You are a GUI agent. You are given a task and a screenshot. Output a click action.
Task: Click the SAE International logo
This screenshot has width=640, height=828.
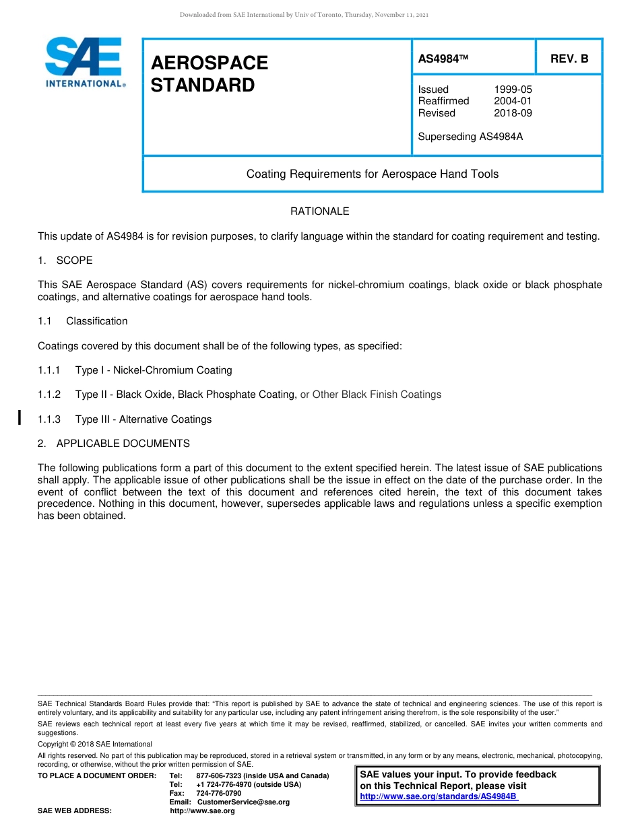(84, 62)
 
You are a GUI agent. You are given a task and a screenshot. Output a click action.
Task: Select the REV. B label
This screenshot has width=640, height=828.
(569, 59)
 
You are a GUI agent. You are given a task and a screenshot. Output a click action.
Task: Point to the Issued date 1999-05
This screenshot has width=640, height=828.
(513, 90)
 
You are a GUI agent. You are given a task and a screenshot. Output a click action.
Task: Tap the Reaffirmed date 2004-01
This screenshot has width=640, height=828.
(513, 101)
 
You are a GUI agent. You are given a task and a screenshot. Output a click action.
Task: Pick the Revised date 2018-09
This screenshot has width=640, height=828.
(513, 113)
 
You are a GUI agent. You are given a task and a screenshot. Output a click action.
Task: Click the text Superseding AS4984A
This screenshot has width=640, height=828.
(470, 137)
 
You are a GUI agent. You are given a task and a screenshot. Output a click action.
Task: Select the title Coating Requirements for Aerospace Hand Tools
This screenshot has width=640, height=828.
(373, 174)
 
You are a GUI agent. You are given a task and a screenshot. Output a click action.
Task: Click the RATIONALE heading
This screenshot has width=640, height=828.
(320, 211)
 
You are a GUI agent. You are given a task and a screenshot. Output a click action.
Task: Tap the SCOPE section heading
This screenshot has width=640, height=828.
(74, 261)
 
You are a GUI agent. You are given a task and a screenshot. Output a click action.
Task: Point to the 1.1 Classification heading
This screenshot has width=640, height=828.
(96, 321)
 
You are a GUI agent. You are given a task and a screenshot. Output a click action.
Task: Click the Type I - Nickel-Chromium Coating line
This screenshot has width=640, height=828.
(154, 370)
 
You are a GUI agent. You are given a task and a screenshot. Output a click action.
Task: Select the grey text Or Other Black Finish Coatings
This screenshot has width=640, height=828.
(371, 394)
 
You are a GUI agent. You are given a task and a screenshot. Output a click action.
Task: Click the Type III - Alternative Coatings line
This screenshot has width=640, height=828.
(143, 419)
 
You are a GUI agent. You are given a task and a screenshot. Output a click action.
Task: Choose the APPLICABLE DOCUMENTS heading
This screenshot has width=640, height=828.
(123, 444)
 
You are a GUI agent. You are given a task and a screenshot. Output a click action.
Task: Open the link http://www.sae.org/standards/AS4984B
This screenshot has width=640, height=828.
(439, 796)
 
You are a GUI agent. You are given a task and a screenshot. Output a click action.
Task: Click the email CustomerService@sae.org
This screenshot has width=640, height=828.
(243, 802)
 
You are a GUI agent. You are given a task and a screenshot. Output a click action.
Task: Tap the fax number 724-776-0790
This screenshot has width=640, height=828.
(218, 793)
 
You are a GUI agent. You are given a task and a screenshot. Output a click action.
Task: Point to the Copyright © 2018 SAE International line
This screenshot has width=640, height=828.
(95, 744)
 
